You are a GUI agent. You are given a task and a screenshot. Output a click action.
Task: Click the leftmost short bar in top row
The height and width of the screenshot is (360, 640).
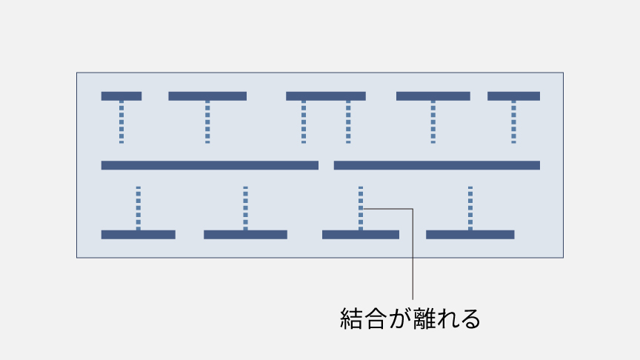pyautogui.click(x=121, y=96)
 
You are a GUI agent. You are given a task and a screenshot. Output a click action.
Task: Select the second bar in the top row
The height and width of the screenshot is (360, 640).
pyautogui.click(x=207, y=96)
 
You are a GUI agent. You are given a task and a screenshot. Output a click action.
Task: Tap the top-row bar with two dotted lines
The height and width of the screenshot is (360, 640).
pyautogui.click(x=326, y=96)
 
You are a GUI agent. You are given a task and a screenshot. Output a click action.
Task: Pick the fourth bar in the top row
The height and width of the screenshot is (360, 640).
pyautogui.click(x=433, y=96)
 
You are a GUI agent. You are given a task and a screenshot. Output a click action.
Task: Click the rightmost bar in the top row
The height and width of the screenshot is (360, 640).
pyautogui.click(x=513, y=96)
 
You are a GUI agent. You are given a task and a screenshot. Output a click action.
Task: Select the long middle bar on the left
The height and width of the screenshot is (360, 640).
pyautogui.click(x=210, y=165)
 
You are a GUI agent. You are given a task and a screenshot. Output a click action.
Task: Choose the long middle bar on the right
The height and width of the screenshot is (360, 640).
pyautogui.click(x=437, y=165)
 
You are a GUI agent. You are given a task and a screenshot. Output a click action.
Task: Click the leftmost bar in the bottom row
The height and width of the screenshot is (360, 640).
pyautogui.click(x=138, y=235)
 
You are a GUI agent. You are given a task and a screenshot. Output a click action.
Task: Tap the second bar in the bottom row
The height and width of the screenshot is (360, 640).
pyautogui.click(x=245, y=235)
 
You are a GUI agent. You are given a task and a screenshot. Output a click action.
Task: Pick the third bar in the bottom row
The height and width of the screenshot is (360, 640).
pyautogui.click(x=361, y=235)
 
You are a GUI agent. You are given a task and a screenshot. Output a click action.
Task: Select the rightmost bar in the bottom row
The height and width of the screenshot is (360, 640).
pyautogui.click(x=470, y=235)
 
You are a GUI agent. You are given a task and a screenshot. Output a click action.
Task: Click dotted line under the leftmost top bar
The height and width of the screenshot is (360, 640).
pyautogui.click(x=121, y=122)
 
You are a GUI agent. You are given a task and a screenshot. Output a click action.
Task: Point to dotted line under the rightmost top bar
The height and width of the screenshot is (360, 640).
pyautogui.click(x=513, y=122)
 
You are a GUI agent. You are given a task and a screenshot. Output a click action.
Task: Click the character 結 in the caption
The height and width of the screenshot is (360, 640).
pyautogui.click(x=350, y=319)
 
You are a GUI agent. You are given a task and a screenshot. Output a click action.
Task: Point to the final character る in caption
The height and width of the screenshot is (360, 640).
pyautogui.click(x=471, y=319)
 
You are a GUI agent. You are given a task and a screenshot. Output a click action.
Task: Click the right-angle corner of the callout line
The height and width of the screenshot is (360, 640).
pyautogui.click(x=411, y=209)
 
